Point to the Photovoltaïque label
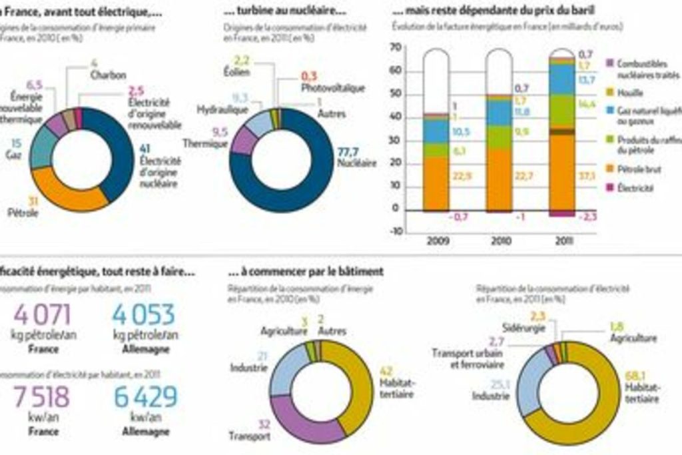point(332,87)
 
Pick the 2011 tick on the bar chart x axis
point(563,240)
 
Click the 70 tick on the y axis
point(396,47)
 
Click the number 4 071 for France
point(41,314)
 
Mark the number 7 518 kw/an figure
point(41,397)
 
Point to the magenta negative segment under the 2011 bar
point(563,213)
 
